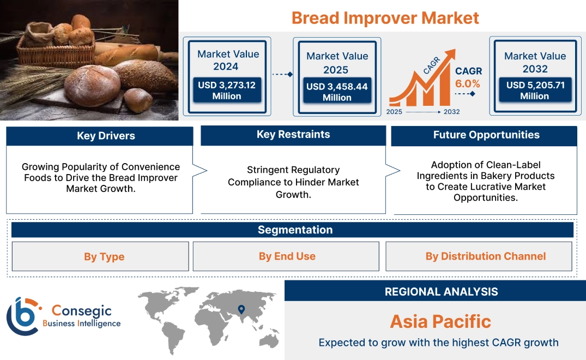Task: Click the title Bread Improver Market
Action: tap(385, 17)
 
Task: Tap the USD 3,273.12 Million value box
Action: tap(227, 90)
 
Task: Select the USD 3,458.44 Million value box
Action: tap(337, 92)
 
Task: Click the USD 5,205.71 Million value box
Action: tap(535, 90)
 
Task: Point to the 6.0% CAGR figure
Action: tap(468, 83)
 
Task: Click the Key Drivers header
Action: tap(106, 136)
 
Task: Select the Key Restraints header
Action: tap(293, 135)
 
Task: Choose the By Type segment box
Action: tap(104, 256)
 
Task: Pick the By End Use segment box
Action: tap(287, 256)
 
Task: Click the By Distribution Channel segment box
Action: tap(485, 256)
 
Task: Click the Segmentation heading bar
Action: tap(295, 230)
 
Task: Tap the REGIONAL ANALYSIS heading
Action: tap(441, 291)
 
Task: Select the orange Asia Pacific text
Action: tap(440, 321)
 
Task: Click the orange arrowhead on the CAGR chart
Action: tap(449, 54)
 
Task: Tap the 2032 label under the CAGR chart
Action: tap(451, 112)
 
